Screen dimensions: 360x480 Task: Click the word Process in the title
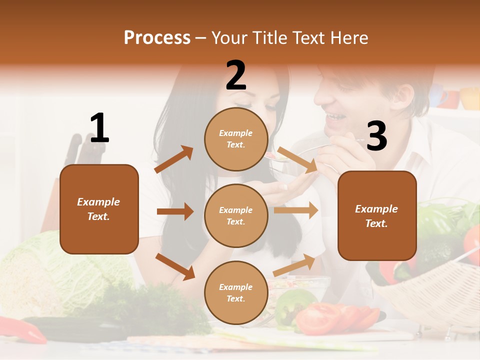(x=157, y=37)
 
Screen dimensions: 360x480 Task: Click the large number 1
(x=99, y=128)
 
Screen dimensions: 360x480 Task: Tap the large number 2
(x=236, y=75)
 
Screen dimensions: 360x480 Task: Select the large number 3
(x=376, y=135)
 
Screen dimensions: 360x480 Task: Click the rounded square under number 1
(x=99, y=209)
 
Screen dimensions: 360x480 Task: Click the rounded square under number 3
(x=377, y=215)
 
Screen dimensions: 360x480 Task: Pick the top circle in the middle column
(x=236, y=138)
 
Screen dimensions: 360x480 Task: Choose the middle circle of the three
(x=236, y=215)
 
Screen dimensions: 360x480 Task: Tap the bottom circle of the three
(x=236, y=292)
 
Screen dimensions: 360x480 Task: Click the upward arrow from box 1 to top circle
(x=174, y=159)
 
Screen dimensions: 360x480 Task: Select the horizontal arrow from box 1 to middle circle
(x=175, y=211)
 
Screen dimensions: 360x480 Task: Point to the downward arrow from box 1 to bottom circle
(x=175, y=266)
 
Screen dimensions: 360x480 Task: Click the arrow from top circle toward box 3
(x=297, y=160)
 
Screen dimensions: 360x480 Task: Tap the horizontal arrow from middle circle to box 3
(x=296, y=210)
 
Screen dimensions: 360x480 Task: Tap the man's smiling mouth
(x=335, y=118)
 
